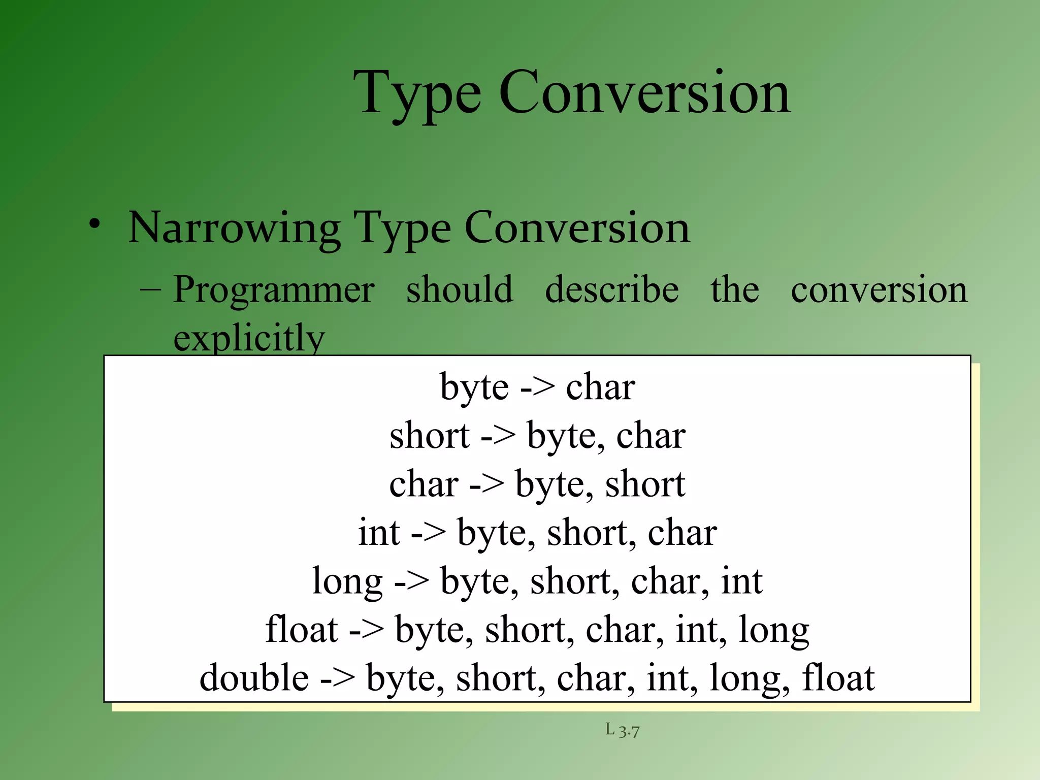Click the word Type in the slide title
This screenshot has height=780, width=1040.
[417, 94]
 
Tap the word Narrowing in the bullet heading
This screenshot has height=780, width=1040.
[235, 228]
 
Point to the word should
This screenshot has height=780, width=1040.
[460, 289]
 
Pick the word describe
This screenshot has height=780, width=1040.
[612, 289]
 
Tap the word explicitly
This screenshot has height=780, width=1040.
[249, 338]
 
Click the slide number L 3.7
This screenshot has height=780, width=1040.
[622, 730]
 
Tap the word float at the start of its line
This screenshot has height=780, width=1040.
[302, 630]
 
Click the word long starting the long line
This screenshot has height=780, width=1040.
[347, 582]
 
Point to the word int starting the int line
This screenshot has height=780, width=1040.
[379, 533]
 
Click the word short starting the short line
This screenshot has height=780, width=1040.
[430, 436]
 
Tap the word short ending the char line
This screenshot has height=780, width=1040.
[645, 484]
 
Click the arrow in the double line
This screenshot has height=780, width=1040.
[337, 679]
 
